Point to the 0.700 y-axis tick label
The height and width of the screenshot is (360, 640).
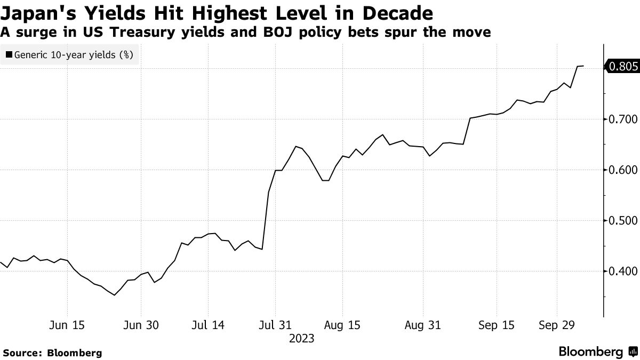click(x=621, y=119)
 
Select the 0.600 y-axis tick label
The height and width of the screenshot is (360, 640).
click(x=621, y=170)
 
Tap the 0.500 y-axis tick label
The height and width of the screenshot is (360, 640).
click(x=621, y=221)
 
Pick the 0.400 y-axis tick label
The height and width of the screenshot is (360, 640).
click(x=621, y=271)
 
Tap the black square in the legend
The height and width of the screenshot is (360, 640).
click(x=9, y=54)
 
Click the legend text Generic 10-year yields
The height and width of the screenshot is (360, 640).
click(x=74, y=54)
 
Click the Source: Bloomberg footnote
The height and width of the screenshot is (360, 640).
click(x=52, y=353)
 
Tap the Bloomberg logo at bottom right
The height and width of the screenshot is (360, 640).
click(x=597, y=352)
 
